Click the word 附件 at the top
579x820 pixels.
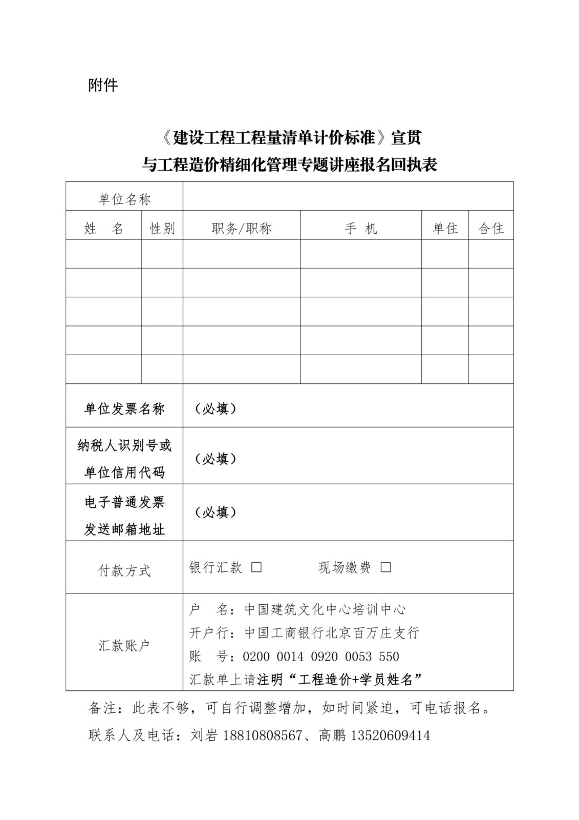coord(103,85)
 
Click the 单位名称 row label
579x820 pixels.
coord(124,199)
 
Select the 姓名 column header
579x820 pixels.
coord(103,229)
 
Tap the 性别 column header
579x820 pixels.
coord(162,229)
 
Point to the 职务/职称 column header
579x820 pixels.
coord(242,229)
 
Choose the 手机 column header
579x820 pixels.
coord(361,229)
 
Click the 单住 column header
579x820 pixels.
coord(445,229)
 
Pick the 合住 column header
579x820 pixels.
coord(491,229)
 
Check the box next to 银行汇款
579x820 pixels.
coord(256,567)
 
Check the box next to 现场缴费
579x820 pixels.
coord(386,567)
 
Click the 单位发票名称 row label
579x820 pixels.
coord(124,408)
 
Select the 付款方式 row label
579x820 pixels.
coord(124,570)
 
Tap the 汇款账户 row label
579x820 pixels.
coord(124,645)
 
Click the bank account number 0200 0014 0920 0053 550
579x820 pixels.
coord(321,657)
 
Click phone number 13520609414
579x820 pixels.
coord(390,736)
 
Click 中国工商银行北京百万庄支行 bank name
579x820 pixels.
coord(332,633)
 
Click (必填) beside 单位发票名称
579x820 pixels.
coord(216,408)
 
